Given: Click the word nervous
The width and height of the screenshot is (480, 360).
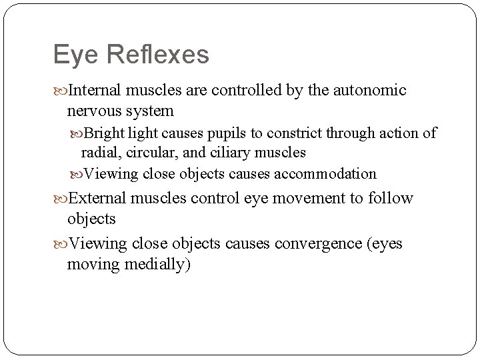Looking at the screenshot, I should tap(93, 110).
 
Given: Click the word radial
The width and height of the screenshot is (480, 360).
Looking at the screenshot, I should tap(99, 153).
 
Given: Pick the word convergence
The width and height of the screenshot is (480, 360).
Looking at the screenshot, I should tap(317, 243).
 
